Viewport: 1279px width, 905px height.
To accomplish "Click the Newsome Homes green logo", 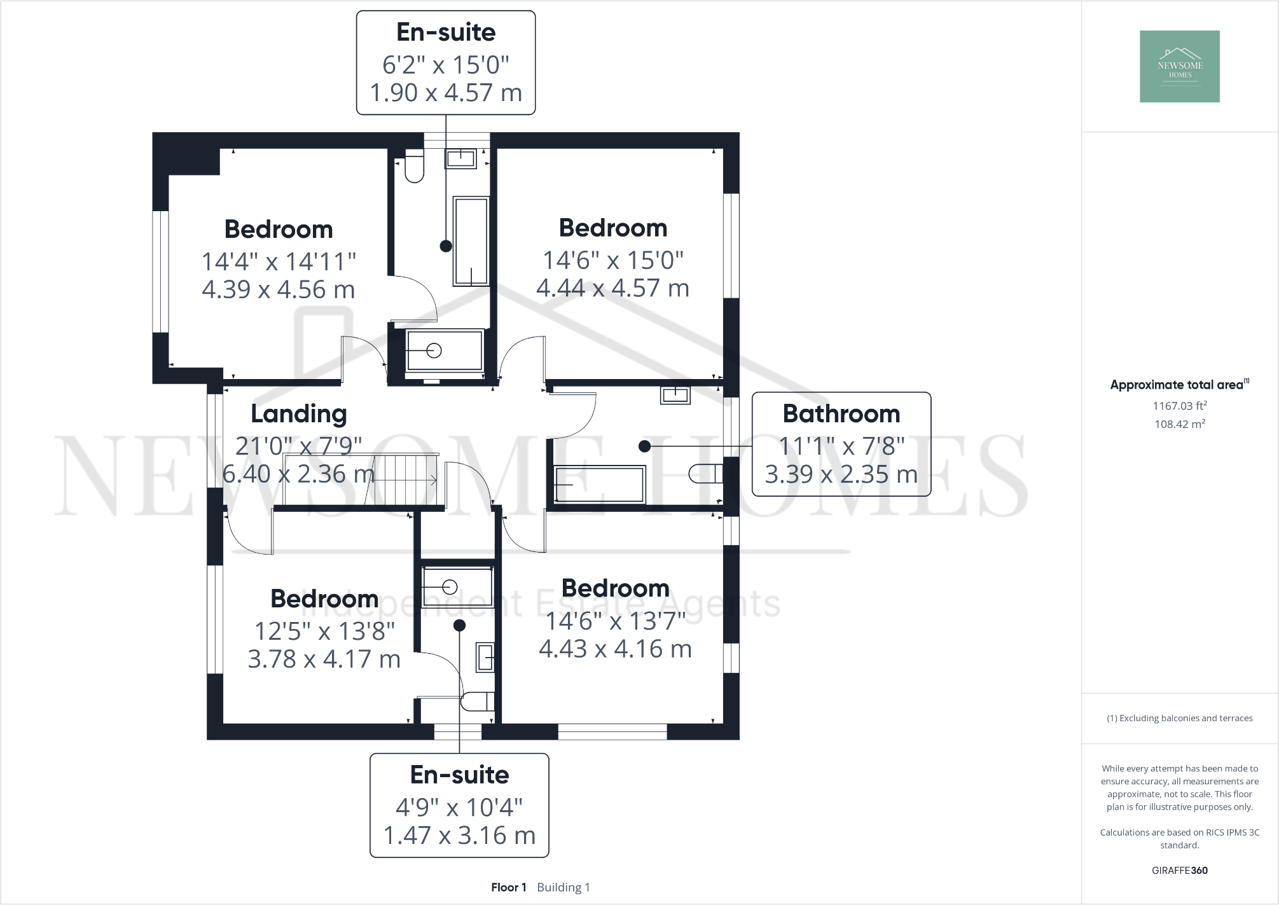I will coord(1179,67).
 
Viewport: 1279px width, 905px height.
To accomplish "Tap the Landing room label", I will coord(298,414).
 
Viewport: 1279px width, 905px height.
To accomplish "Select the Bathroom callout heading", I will coord(841,414).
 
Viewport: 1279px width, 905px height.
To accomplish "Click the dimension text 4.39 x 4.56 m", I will coord(278,290).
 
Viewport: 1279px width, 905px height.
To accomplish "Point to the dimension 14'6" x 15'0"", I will coord(612,260).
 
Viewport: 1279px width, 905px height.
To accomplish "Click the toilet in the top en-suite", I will coord(414,167).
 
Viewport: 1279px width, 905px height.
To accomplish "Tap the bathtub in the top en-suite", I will coord(471,241).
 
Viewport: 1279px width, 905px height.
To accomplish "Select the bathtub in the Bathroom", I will coord(599,485).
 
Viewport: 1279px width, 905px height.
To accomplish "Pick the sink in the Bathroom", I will coord(675,395).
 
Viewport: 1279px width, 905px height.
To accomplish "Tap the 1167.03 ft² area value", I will coord(1180,406).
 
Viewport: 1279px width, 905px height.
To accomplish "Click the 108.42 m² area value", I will coord(1180,424).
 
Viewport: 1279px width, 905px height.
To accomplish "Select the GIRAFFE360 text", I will coord(1179,871).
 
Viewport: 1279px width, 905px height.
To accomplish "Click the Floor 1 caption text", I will coord(508,887).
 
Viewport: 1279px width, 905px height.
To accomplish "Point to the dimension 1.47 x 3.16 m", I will coord(459,836).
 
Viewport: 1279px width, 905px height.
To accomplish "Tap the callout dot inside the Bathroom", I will coord(644,446).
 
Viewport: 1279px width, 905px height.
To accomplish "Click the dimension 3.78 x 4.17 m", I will coord(324,660).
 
